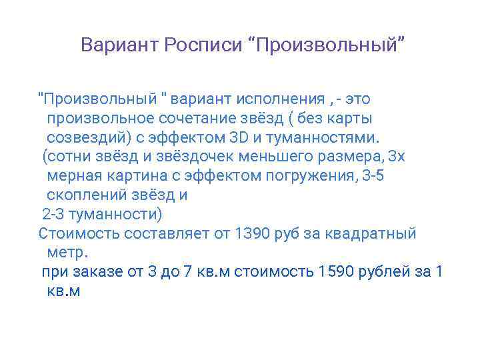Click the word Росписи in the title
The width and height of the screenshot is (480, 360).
(x=204, y=45)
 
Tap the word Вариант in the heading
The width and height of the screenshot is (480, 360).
(x=118, y=45)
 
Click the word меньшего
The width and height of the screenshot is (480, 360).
(x=259, y=157)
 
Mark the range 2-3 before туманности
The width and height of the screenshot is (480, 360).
(x=54, y=215)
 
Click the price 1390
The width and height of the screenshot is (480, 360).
(x=251, y=234)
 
